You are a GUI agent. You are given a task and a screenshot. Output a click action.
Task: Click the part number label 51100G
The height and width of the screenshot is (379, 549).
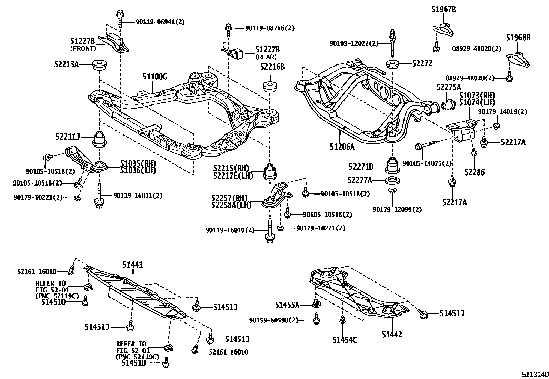click(x=154, y=77)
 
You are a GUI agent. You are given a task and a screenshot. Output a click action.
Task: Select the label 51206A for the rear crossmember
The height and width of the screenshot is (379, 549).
click(x=342, y=147)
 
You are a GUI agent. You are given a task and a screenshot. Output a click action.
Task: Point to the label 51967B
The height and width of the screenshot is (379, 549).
click(x=443, y=10)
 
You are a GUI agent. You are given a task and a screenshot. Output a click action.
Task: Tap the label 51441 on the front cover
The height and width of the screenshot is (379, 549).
click(x=133, y=265)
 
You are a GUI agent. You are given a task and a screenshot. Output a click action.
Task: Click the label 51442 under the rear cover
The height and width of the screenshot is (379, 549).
click(x=392, y=334)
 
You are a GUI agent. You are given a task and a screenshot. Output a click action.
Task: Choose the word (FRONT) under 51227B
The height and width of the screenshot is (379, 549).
click(x=83, y=49)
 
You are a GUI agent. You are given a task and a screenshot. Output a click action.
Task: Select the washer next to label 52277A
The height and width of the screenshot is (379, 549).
click(x=392, y=180)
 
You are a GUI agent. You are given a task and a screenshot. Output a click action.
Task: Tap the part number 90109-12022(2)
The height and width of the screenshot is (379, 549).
click(x=354, y=43)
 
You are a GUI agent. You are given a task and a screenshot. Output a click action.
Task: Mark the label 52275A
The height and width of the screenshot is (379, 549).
click(x=448, y=87)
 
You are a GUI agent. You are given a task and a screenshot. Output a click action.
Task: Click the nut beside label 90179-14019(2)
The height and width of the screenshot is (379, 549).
click(x=497, y=126)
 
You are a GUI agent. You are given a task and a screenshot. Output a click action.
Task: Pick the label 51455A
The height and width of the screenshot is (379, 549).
click(x=287, y=305)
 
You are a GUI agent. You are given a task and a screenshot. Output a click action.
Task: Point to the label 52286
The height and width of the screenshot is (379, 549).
click(x=474, y=172)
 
